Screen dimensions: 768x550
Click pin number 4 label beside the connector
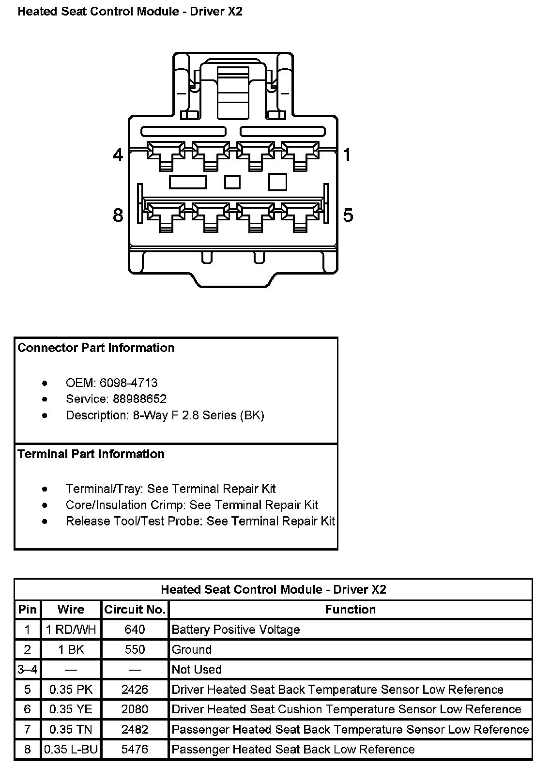(x=118, y=155)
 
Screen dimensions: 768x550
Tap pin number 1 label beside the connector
(x=347, y=155)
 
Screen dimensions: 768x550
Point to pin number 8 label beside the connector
(x=118, y=215)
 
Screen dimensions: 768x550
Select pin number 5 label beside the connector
(x=348, y=215)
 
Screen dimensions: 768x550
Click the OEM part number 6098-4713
(x=128, y=383)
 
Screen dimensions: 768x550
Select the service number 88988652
(x=139, y=399)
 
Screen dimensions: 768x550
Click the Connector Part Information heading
(x=96, y=348)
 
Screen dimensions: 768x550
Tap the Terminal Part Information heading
(x=91, y=454)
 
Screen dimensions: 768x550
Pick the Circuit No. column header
(x=135, y=610)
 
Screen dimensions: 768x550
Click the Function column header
(x=350, y=610)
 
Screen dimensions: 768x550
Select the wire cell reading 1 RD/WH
(x=71, y=630)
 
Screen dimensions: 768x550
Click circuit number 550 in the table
(x=135, y=650)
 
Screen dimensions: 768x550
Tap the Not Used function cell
(x=197, y=670)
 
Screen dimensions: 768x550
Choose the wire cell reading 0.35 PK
(x=71, y=690)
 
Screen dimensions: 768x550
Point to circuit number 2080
(x=135, y=709)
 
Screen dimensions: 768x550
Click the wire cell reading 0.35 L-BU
(x=71, y=750)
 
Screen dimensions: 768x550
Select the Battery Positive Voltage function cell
(x=236, y=630)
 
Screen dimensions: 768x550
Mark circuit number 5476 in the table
(x=135, y=750)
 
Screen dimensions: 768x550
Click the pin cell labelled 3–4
(x=28, y=670)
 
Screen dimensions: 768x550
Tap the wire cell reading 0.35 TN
(x=71, y=729)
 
